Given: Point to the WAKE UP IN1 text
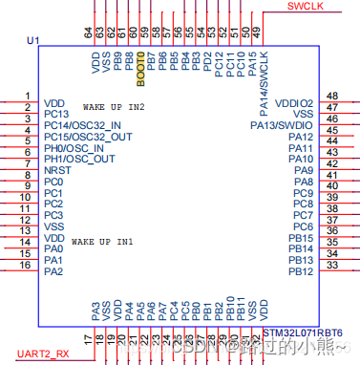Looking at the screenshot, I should [x=102, y=243].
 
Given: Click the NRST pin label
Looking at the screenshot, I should [x=56, y=170].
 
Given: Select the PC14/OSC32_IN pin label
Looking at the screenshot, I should [x=82, y=125].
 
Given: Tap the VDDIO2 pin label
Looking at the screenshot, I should [x=293, y=102].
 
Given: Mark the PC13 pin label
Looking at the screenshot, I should [x=56, y=114].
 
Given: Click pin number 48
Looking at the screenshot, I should [x=331, y=97].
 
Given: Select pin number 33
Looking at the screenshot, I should [x=331, y=266].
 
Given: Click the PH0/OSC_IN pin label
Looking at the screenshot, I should [x=75, y=148].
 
